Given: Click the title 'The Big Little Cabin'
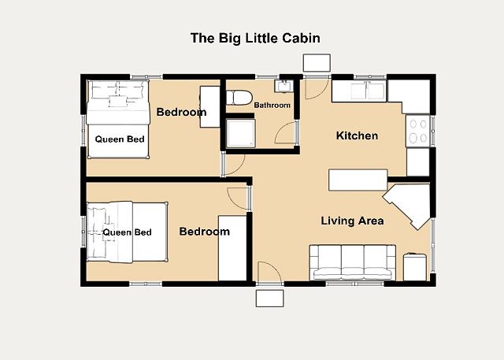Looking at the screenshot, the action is pyautogui.click(x=255, y=38).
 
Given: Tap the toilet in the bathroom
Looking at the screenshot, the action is pyautogui.click(x=239, y=98).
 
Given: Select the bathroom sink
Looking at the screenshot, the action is pyautogui.click(x=283, y=86).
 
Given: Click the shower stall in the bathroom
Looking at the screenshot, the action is pyautogui.click(x=241, y=133).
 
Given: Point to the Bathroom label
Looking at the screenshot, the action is pyautogui.click(x=272, y=105).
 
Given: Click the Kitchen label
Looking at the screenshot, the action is pyautogui.click(x=357, y=135).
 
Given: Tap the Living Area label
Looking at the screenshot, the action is pyautogui.click(x=352, y=221).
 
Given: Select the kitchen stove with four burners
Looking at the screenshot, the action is pyautogui.click(x=418, y=131).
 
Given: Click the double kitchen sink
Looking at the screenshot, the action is pyautogui.click(x=368, y=91).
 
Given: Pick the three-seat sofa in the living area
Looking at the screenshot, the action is pyautogui.click(x=352, y=262).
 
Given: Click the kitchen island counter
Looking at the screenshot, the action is pyautogui.click(x=358, y=180).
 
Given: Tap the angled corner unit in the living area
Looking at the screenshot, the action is pyautogui.click(x=408, y=205).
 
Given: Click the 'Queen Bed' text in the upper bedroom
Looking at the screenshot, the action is pyautogui.click(x=120, y=139).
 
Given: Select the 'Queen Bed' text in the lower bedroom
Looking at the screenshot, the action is pyautogui.click(x=127, y=232).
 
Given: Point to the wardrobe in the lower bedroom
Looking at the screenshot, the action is pyautogui.click(x=232, y=248).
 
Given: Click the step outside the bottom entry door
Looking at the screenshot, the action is pyautogui.click(x=269, y=299).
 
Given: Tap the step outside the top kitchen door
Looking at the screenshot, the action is pyautogui.click(x=317, y=63).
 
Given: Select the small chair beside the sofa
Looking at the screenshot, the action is pyautogui.click(x=415, y=267).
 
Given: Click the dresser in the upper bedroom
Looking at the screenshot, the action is pyautogui.click(x=210, y=106).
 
